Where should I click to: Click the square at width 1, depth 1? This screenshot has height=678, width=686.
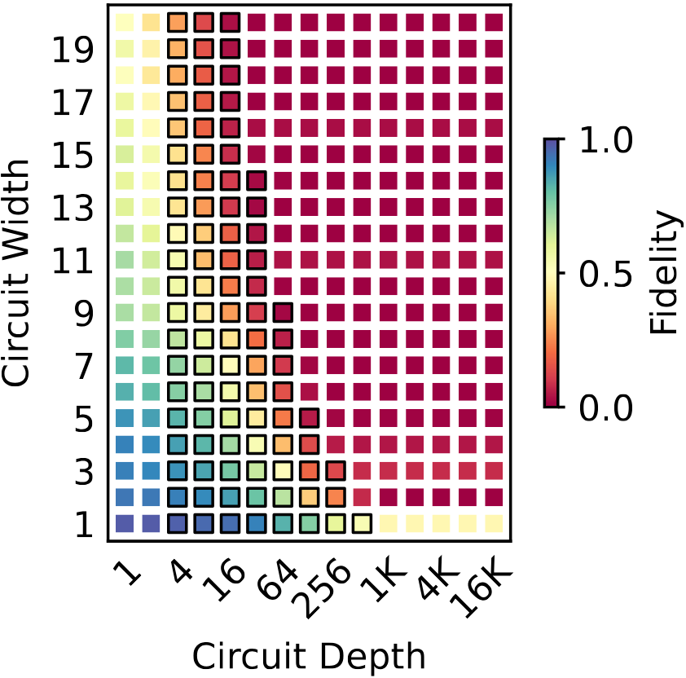(x=125, y=523)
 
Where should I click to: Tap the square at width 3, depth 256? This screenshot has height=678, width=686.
(x=336, y=471)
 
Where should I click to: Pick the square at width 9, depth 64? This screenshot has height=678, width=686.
(x=283, y=313)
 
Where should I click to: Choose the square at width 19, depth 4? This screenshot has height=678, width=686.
(x=178, y=51)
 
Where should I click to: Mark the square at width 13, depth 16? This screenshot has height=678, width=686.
(x=231, y=208)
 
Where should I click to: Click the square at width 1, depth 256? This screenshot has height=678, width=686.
(x=336, y=523)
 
